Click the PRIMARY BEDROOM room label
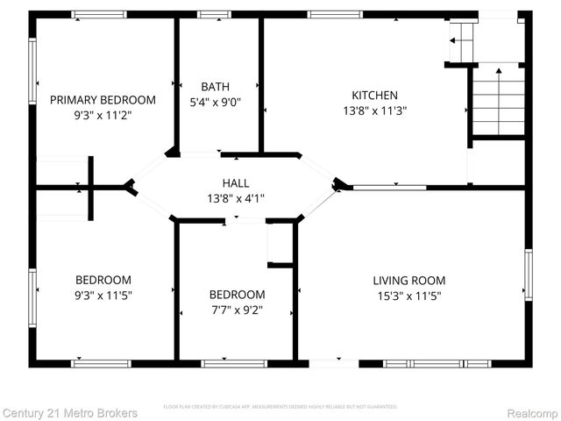[x=103, y=100]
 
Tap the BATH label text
[x=216, y=86]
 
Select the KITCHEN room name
[x=374, y=96]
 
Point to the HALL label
[x=235, y=182]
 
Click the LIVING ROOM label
[x=408, y=281]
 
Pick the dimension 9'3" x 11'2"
[x=103, y=115]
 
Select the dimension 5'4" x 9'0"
[x=216, y=101]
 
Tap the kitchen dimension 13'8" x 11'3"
[x=374, y=111]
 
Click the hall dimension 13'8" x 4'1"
[x=235, y=197]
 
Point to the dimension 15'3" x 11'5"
[x=408, y=296]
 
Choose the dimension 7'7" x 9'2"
[x=237, y=310]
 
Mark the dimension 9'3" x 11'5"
[x=103, y=296]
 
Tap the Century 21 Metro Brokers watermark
[x=69, y=412]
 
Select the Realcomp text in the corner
[x=532, y=412]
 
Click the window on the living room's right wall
[x=528, y=274]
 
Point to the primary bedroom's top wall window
[x=98, y=14]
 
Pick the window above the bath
[x=214, y=14]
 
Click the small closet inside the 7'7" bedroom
[x=280, y=242]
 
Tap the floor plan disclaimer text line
[x=280, y=407]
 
